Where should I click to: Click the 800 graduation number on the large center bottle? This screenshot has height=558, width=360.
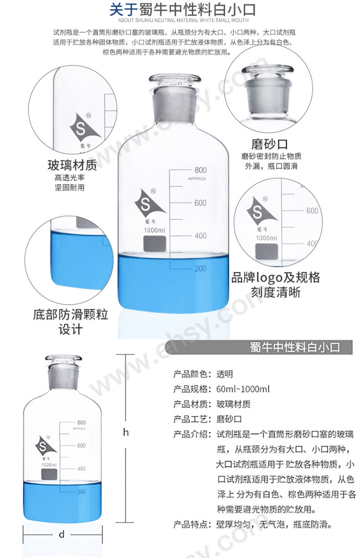coord(201,170)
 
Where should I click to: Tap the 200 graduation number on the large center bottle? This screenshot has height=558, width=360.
coord(201,269)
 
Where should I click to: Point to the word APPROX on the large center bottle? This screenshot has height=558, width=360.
coord(197,179)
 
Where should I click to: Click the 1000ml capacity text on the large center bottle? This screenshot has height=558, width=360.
coord(154,230)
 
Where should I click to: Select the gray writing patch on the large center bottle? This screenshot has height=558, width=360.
coord(154,243)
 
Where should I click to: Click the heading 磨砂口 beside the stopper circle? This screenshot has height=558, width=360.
coord(269,144)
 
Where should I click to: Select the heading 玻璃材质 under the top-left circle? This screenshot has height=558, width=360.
coord(72,165)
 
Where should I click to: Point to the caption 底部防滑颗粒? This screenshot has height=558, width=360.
coord(71,315)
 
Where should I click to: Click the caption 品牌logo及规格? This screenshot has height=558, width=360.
coord(276,278)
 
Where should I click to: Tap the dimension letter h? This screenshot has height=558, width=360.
coord(126,433)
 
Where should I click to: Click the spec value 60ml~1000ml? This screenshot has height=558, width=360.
coord(243,389)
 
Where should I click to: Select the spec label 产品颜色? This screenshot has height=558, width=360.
coord(190,374)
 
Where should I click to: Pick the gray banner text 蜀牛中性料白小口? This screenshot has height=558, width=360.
coord(295,347)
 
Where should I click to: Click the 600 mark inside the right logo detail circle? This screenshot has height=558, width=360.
coord(312,211)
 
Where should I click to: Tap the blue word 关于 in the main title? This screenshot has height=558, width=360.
coord(124,10)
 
